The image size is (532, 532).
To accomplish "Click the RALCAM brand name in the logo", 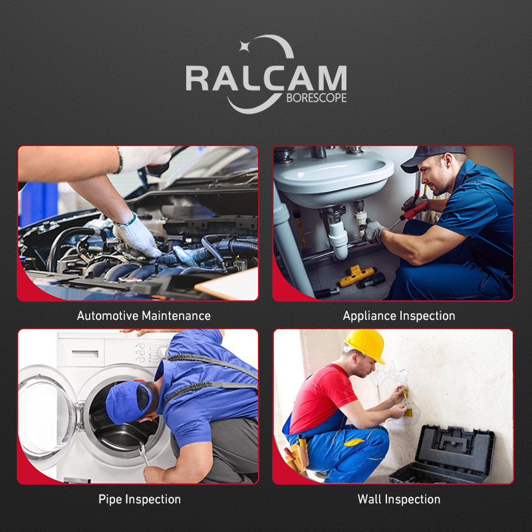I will point(265,78).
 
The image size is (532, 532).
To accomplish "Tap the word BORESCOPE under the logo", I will point(317,98).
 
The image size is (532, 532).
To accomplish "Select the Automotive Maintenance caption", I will point(144,316).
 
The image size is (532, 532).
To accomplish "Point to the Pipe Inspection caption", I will point(140,499).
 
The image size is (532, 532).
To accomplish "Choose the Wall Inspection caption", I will point(399,499).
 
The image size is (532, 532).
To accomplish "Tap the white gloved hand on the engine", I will point(137,237).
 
